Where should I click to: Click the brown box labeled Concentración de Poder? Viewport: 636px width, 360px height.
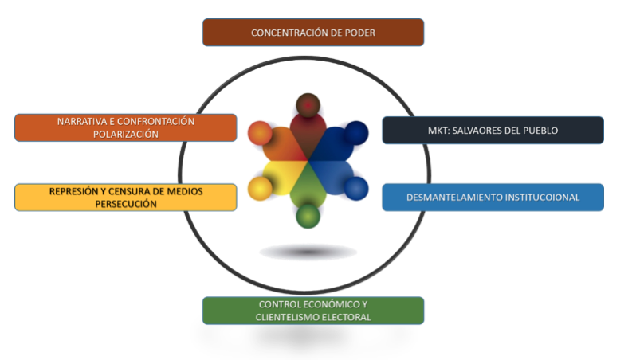312,33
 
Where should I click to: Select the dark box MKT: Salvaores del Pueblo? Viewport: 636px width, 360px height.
493,130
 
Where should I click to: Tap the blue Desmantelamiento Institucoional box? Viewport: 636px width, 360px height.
493,197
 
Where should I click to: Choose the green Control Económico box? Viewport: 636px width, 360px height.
312,311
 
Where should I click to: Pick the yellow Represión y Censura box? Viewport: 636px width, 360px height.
125,197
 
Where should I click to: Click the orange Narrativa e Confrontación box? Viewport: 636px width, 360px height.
125,127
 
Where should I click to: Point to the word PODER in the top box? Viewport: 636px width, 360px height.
357,33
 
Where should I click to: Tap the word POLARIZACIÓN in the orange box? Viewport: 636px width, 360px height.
125,135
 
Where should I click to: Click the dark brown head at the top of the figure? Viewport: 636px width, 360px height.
308,104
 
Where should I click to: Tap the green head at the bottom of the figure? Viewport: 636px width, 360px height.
308,215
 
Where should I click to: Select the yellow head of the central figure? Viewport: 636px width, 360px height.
260,188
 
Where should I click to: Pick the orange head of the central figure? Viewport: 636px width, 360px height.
260,132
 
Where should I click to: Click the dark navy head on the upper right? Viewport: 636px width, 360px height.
356,131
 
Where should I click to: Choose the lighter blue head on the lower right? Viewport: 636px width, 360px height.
355,188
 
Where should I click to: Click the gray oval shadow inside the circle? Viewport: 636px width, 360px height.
308,252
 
